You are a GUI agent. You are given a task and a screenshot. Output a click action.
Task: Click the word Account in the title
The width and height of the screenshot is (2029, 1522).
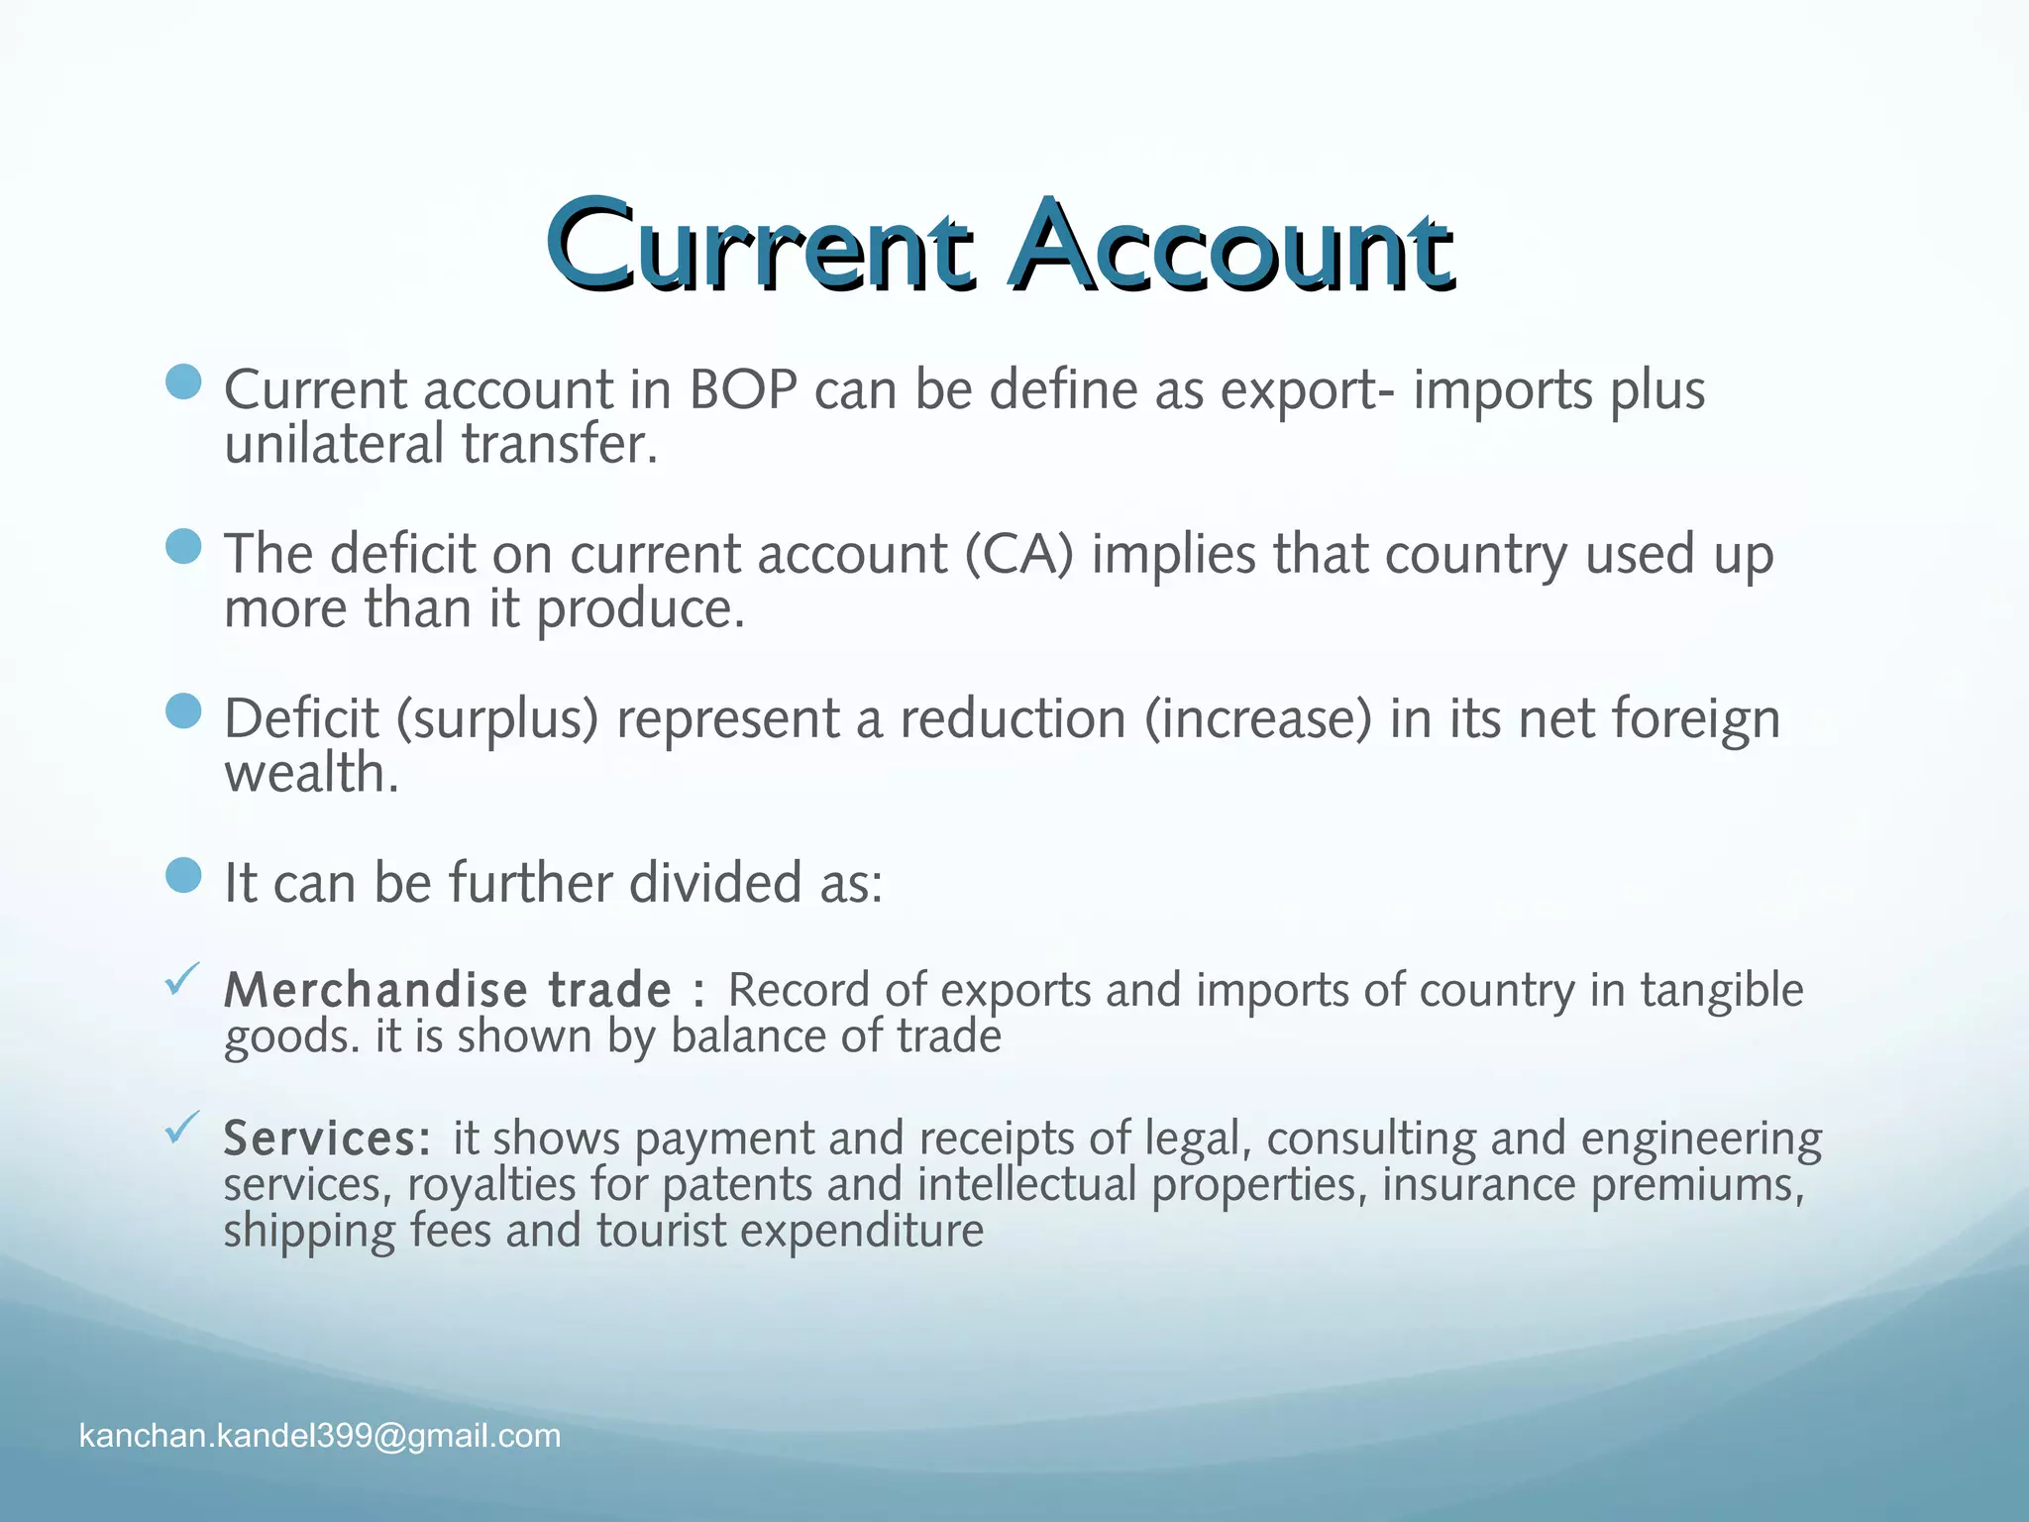[1231, 245]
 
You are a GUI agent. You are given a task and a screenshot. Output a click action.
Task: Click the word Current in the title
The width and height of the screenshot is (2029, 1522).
[759, 245]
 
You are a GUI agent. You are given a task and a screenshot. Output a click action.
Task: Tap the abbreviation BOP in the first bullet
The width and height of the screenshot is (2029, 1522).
[743, 389]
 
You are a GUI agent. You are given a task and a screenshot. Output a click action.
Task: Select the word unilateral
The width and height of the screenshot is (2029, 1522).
[334, 443]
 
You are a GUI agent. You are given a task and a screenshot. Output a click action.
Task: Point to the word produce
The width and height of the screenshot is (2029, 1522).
[639, 609]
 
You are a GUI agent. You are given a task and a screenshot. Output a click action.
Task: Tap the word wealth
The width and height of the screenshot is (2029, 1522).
[311, 773]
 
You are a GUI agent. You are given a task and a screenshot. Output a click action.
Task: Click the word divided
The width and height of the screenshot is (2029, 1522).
[715, 883]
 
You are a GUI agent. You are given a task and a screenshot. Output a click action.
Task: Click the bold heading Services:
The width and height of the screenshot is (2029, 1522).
[327, 1139]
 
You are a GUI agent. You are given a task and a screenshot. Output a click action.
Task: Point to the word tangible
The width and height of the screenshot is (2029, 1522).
[1722, 991]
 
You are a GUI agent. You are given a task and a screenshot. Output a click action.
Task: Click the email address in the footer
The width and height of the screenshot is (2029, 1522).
[320, 1436]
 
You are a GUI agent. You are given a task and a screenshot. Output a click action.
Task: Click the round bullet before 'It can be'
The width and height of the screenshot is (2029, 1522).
[183, 875]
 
